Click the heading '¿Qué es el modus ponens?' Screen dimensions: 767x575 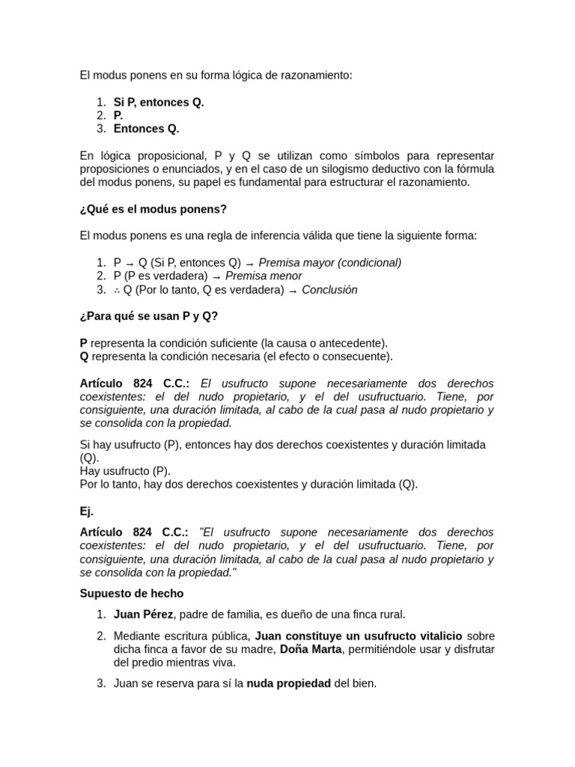[153, 209]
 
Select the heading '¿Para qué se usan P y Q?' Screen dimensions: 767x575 [149, 316]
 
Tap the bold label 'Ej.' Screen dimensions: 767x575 [87, 512]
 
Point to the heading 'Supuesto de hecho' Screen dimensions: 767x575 [131, 593]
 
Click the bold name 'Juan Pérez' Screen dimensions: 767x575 [142, 615]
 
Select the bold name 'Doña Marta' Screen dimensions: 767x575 [311, 649]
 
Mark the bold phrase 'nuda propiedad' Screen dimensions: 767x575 [288, 683]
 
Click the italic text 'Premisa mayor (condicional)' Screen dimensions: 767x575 [329, 263]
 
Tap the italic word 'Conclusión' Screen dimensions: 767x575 [329, 290]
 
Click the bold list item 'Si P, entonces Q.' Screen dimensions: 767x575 [158, 102]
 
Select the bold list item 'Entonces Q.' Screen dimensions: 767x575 [146, 129]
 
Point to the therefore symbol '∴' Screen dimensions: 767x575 [118, 290]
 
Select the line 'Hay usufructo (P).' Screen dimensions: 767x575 [125, 471]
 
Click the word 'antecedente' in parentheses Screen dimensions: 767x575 [354, 343]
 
